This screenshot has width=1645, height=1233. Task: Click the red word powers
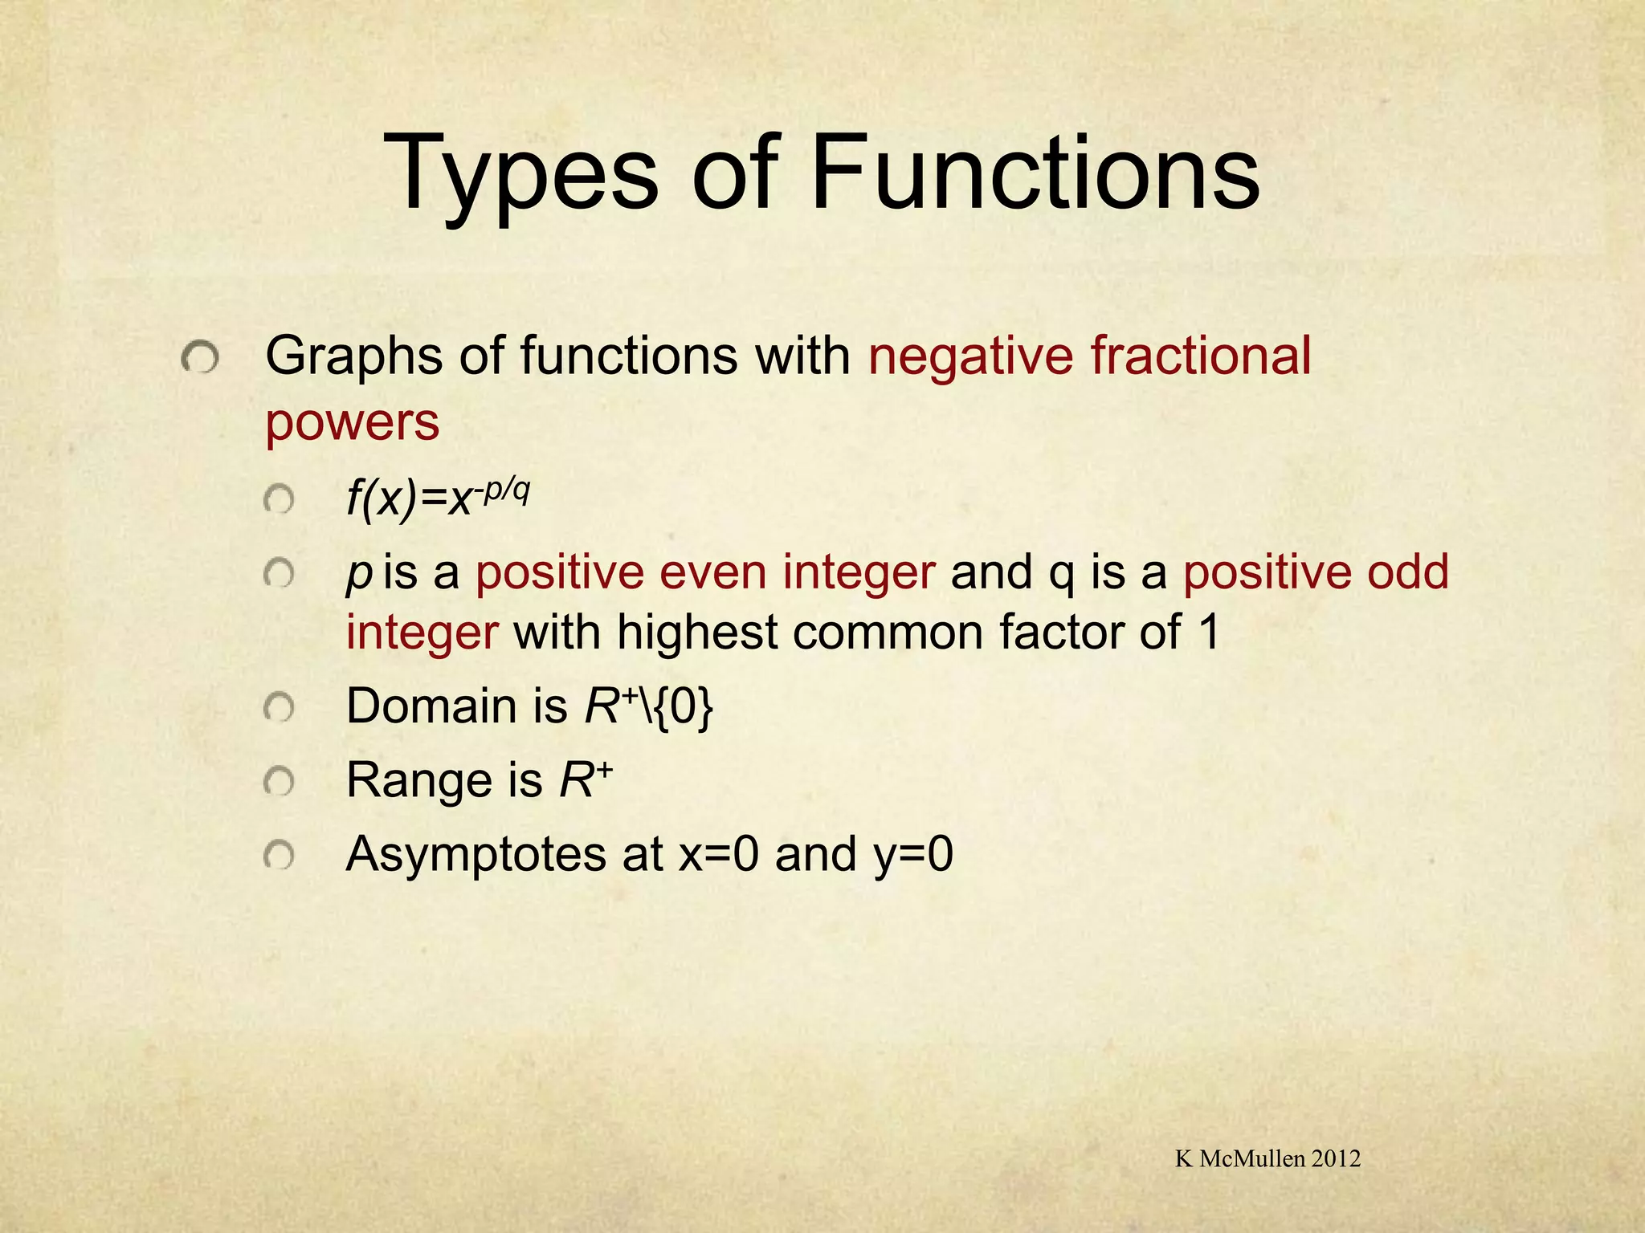(352, 423)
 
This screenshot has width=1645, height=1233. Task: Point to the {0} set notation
(684, 707)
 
